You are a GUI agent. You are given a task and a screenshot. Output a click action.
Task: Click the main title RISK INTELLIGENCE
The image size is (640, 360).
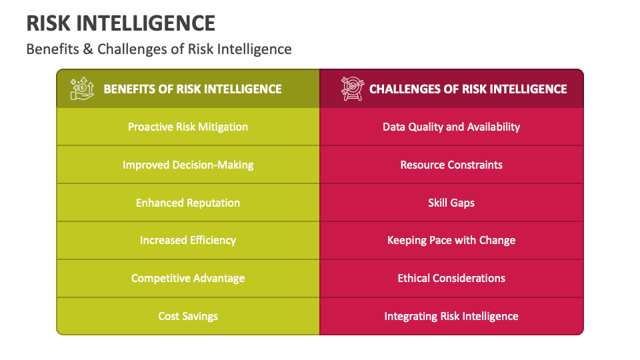tap(121, 23)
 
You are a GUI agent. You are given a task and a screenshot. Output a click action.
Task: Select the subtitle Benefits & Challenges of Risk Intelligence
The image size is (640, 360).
tap(159, 49)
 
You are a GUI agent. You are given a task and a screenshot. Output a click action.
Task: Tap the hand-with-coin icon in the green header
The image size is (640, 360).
tap(83, 89)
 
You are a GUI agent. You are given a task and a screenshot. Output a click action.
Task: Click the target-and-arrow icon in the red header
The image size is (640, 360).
tap(352, 89)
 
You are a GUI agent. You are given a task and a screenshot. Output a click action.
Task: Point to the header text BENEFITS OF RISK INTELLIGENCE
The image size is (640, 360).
tap(193, 89)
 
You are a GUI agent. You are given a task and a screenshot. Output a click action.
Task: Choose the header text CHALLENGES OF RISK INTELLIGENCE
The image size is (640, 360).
tap(468, 89)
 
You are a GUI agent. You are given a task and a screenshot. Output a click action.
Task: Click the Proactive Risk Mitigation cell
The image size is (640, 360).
tap(188, 127)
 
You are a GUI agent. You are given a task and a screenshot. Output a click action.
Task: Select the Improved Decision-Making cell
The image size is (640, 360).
tap(188, 165)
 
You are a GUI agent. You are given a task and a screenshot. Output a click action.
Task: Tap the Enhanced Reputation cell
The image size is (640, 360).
tap(188, 203)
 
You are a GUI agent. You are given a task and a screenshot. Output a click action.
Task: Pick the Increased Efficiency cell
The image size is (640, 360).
tap(188, 240)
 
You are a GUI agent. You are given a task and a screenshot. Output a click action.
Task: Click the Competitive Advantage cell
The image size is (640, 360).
tap(188, 278)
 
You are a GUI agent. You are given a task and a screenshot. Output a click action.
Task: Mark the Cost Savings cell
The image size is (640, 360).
tap(188, 316)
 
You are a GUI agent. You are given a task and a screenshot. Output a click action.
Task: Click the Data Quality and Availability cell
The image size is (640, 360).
tap(451, 127)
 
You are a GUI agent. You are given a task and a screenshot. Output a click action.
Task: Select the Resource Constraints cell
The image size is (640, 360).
tap(451, 165)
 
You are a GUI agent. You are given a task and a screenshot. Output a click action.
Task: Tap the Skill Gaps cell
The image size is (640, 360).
tap(451, 203)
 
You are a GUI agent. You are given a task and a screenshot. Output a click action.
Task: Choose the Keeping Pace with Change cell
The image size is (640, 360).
tap(451, 240)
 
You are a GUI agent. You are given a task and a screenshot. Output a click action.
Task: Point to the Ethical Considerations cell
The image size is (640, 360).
tap(451, 278)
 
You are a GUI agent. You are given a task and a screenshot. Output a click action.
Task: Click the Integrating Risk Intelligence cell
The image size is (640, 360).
tap(451, 316)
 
